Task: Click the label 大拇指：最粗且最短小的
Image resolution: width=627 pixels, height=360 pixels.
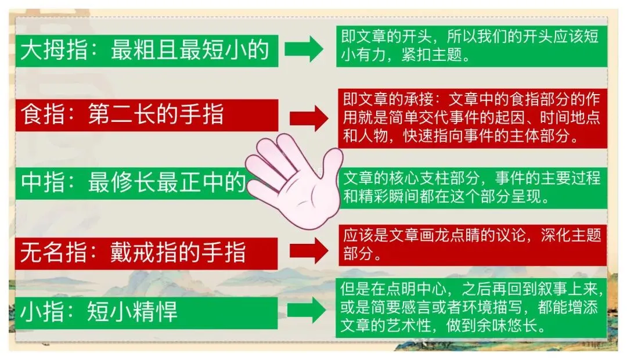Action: (146, 51)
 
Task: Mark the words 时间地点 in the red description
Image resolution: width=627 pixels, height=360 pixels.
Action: (572, 117)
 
